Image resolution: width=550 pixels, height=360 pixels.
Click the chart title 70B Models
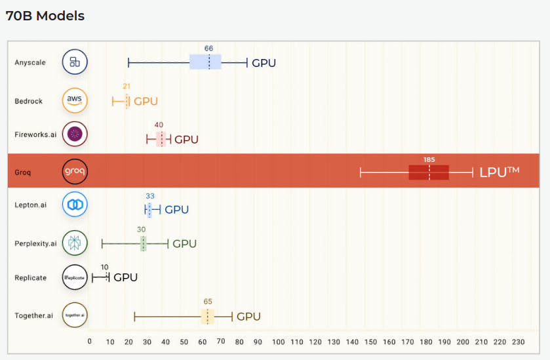45,16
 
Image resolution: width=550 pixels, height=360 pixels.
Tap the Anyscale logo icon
75,62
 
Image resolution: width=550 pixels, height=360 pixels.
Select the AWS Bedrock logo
75,100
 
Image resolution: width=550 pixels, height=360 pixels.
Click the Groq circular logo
75,172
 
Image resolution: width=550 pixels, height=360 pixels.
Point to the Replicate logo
75,277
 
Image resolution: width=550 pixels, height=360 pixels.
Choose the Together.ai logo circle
75,315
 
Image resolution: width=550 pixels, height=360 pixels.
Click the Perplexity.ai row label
35,243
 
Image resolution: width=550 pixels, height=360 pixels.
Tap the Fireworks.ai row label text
35,134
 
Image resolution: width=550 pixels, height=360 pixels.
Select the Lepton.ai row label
31,205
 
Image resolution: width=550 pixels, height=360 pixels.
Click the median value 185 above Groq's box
429,159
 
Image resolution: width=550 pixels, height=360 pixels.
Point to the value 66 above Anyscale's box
208,49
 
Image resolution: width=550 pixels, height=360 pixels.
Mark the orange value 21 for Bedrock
127,87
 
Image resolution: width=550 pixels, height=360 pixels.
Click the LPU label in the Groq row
499,172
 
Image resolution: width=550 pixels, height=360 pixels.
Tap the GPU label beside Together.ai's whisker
248,317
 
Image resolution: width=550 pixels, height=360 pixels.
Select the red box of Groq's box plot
429,172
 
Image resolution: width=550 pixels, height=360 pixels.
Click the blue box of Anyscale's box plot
205,62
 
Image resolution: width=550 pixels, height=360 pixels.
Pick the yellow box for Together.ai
207,317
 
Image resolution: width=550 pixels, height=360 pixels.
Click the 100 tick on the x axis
279,342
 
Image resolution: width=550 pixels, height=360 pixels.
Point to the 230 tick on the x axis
519,342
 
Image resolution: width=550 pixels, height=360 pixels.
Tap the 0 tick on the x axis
90,342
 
